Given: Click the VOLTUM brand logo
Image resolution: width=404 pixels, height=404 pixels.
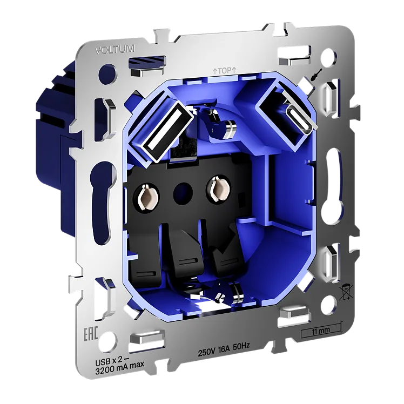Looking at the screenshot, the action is coord(115,49).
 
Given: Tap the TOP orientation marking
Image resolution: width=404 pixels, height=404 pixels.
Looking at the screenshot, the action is coord(224,70).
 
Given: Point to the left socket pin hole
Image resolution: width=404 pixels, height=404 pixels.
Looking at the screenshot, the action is coord(146,198).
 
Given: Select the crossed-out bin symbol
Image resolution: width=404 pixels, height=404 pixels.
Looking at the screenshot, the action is coord(347,292).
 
